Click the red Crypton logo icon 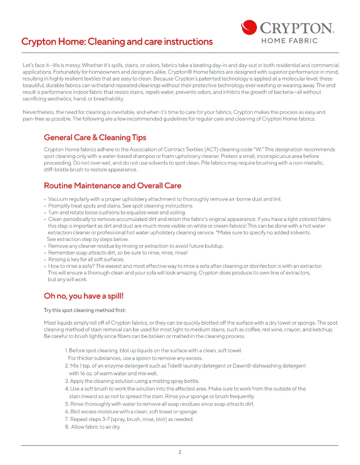(x=249, y=27)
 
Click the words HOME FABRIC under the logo (x=290, y=41)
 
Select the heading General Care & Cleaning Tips (x=95, y=138)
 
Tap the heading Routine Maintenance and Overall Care (x=112, y=185)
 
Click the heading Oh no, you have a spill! (x=84, y=295)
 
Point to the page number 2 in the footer (x=180, y=452)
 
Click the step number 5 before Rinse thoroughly (x=67, y=404)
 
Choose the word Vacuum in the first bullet (x=58, y=199)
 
